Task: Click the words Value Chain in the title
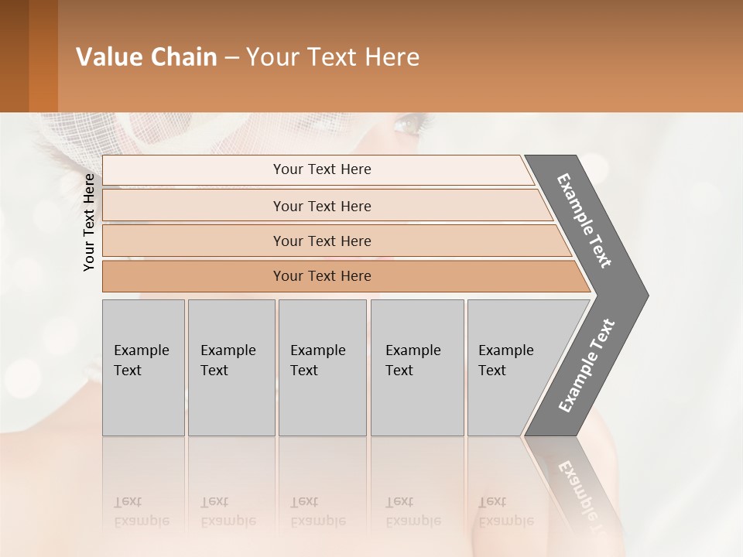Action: click(x=146, y=57)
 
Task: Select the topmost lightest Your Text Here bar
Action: click(x=321, y=169)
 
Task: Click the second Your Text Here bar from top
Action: click(x=321, y=206)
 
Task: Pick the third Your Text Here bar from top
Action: click(x=321, y=241)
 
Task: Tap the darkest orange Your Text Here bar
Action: click(x=321, y=276)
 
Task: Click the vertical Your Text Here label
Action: click(x=89, y=222)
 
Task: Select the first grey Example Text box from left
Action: click(x=143, y=367)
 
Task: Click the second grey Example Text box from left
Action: click(x=231, y=367)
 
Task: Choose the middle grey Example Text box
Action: click(x=322, y=367)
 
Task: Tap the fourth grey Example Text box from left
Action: click(x=417, y=367)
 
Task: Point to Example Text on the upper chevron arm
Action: click(x=584, y=220)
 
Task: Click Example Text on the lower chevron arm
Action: click(x=586, y=365)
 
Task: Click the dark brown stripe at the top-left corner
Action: click(x=14, y=56)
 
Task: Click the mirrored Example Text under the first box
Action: click(x=141, y=511)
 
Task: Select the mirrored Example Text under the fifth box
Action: click(x=506, y=511)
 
